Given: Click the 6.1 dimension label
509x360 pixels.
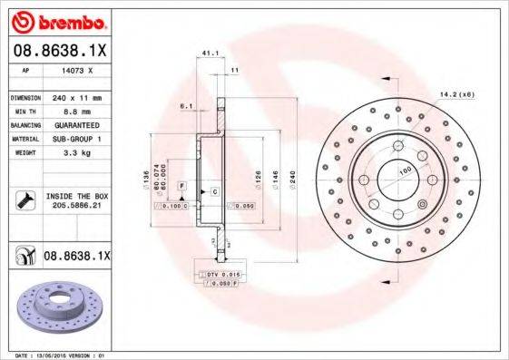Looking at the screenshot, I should (187, 106).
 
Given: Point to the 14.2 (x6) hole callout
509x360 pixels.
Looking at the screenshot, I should (456, 93).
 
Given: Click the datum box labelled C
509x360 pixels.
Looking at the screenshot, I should (214, 193).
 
